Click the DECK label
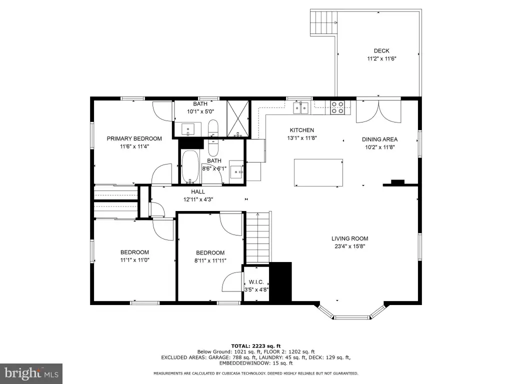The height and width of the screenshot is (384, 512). pos(381,50)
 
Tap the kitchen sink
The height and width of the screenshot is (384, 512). pos(300,108)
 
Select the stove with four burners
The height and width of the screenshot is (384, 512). pos(337,107)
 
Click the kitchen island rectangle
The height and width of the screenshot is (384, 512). pos(318,172)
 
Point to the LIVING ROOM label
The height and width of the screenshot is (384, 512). pos(349,238)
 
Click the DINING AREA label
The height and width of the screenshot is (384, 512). pos(380,139)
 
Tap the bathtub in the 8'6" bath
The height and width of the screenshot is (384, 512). pos(189,166)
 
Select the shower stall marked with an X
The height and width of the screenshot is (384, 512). pos(238,118)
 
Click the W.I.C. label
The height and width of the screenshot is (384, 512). pos(256,282)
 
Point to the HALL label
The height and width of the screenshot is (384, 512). pos(198,191)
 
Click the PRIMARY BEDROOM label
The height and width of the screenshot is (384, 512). pos(134,138)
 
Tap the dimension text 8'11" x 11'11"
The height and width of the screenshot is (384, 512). pos(210,260)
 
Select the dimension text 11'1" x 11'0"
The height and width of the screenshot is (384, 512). pos(135,260)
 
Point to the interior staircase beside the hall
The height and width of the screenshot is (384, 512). pos(258,237)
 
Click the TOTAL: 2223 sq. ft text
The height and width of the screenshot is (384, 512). pos(256,346)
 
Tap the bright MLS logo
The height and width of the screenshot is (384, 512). pos(31,373)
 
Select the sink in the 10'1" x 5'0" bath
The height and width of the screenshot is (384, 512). pos(188,129)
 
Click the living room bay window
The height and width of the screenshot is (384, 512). pos(352,312)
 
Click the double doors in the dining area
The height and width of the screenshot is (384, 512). pos(379,111)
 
